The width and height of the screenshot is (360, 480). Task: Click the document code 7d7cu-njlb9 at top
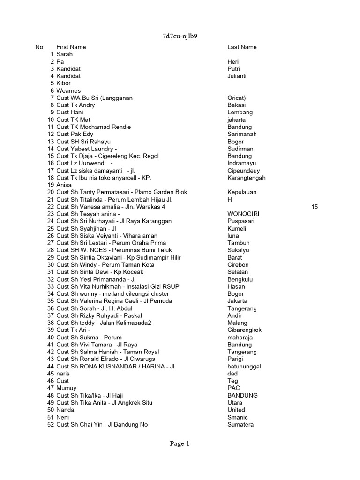pos(180,37)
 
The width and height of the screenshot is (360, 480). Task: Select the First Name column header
pos(71,47)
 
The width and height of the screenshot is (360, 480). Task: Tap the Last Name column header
pos(242,47)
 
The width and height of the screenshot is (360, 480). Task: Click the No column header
pos(39,47)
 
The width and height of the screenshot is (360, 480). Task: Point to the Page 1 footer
pos(180,443)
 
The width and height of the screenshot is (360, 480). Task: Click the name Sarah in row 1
pos(64,54)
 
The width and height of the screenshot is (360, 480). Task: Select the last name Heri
pos(233,61)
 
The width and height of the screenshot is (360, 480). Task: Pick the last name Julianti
pos(237,76)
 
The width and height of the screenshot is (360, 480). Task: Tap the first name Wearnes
pos(68,90)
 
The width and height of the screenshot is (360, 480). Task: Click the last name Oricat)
pos(237,98)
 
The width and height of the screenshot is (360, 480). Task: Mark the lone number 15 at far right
pos(314,207)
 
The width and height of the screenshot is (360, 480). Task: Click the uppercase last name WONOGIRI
pos(243,214)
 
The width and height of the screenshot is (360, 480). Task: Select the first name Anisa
pos(64,185)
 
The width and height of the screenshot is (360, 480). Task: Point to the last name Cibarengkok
pos(244,330)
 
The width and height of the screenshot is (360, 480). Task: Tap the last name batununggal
pos(244,366)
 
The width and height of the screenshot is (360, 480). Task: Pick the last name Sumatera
pos(240,424)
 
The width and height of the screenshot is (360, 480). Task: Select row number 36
pos(51,308)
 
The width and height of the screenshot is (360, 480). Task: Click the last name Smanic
pos(238,417)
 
